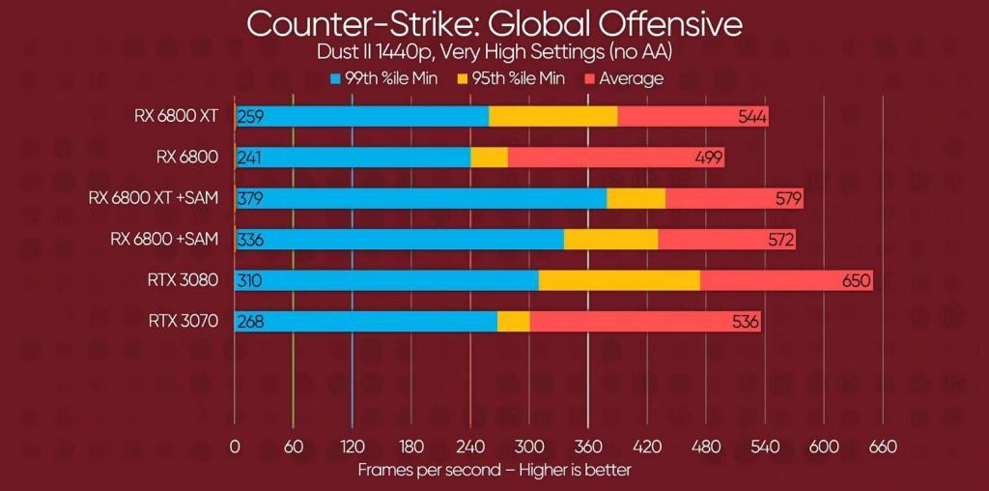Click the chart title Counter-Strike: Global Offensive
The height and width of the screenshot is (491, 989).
(494, 23)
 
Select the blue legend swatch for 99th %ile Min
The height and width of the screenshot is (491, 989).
(336, 78)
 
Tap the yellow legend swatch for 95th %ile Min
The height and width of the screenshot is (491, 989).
(463, 78)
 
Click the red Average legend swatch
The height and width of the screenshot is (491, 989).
(590, 78)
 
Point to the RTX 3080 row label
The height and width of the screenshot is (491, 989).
(184, 280)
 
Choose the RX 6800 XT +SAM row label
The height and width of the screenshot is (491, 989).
(154, 198)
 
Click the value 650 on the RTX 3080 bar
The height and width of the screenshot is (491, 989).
(856, 281)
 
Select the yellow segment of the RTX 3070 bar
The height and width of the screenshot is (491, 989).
(513, 322)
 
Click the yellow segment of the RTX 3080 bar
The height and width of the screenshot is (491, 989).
(619, 281)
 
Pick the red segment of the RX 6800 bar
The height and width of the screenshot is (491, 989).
(615, 158)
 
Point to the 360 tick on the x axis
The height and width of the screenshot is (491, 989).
(588, 447)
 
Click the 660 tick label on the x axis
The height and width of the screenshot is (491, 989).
(883, 447)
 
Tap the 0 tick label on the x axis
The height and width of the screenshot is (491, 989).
(235, 447)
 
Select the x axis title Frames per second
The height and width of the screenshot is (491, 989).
(494, 470)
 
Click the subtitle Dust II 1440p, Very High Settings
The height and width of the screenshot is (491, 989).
(494, 52)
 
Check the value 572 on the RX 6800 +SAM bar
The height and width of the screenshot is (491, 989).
(779, 240)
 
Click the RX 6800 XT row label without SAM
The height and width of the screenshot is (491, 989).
(177, 116)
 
